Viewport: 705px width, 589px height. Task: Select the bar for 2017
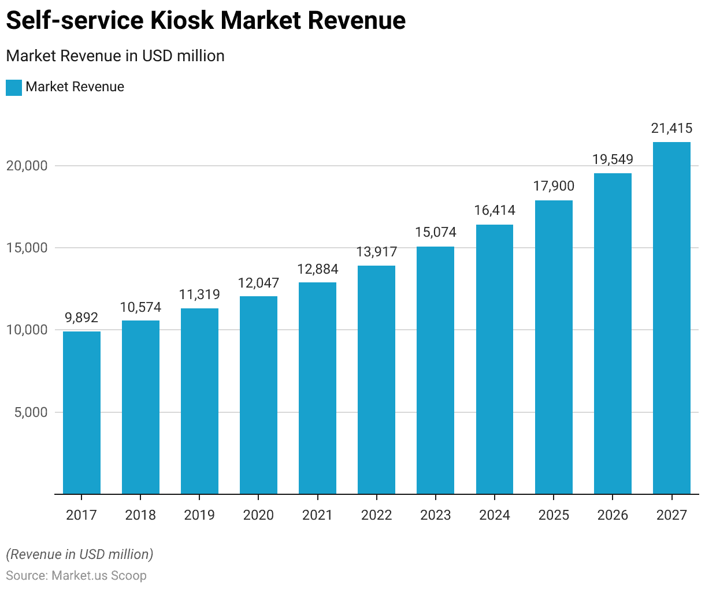tap(81, 412)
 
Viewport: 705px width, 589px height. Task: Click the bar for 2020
tap(258, 395)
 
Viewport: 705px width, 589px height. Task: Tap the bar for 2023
tap(435, 370)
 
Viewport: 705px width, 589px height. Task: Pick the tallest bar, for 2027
tap(671, 318)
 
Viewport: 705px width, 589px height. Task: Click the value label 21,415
tap(671, 128)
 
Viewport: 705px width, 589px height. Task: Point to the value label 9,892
tap(81, 318)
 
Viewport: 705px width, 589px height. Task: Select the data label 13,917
tap(377, 252)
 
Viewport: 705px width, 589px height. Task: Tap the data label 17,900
tap(554, 186)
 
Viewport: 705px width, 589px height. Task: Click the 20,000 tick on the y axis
tap(27, 166)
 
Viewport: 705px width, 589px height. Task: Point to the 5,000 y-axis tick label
tap(30, 412)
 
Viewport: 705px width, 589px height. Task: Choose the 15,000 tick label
tap(27, 248)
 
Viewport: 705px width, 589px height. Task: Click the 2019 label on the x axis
tap(199, 515)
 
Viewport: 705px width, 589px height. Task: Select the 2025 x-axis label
tap(554, 515)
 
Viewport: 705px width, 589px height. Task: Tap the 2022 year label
tap(377, 515)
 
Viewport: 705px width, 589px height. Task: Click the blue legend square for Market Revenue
tap(14, 87)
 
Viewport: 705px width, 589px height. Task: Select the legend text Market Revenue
tap(75, 87)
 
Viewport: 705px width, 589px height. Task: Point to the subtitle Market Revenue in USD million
tap(115, 56)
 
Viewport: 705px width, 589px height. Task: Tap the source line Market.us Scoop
tap(76, 576)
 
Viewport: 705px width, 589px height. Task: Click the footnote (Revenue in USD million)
tap(80, 554)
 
